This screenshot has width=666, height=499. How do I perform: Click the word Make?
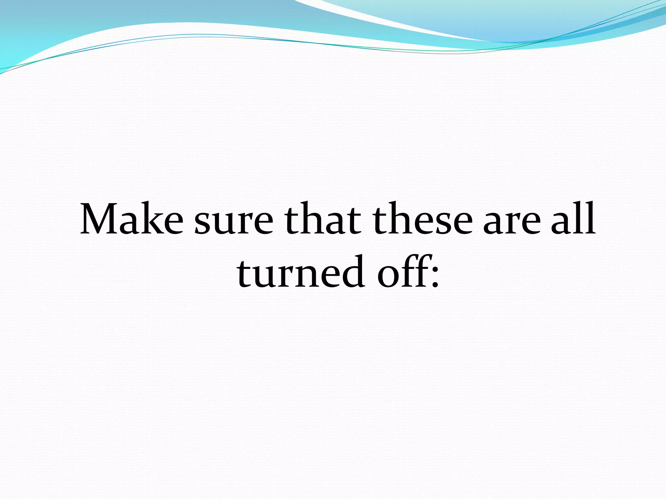[132, 219]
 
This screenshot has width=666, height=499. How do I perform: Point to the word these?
[423, 219]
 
